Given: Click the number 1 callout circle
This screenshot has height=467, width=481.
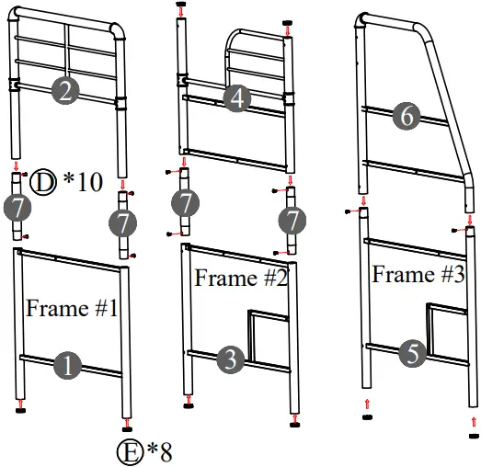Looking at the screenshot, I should [68, 366].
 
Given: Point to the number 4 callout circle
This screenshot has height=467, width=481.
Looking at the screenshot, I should [237, 99].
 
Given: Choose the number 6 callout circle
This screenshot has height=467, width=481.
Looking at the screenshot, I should [406, 116].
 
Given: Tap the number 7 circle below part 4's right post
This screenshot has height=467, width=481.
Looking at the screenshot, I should [291, 221].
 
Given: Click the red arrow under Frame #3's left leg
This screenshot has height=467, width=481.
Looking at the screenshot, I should [366, 403].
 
